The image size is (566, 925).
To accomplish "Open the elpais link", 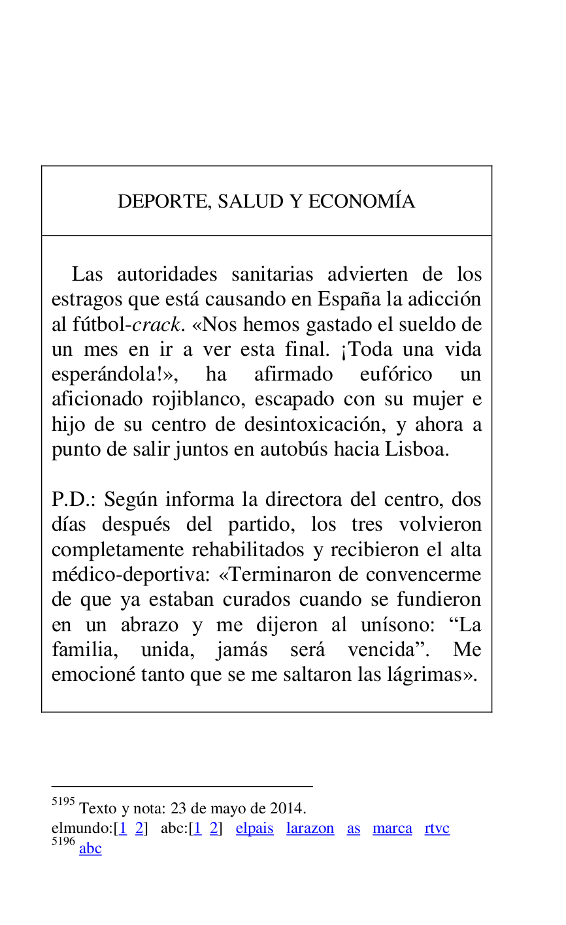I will [254, 828].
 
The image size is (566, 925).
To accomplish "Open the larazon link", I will [310, 828].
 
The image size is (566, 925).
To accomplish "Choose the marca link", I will [392, 828].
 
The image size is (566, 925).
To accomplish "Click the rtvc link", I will [437, 828].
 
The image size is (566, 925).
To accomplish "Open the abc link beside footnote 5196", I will [90, 849].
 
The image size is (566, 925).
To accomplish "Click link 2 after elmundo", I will [139, 828].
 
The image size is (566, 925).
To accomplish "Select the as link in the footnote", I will [354, 828].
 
